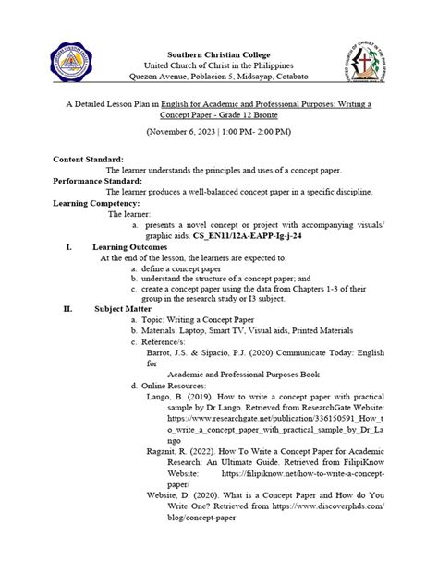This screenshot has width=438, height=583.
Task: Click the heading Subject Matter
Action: (x=121, y=309)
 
